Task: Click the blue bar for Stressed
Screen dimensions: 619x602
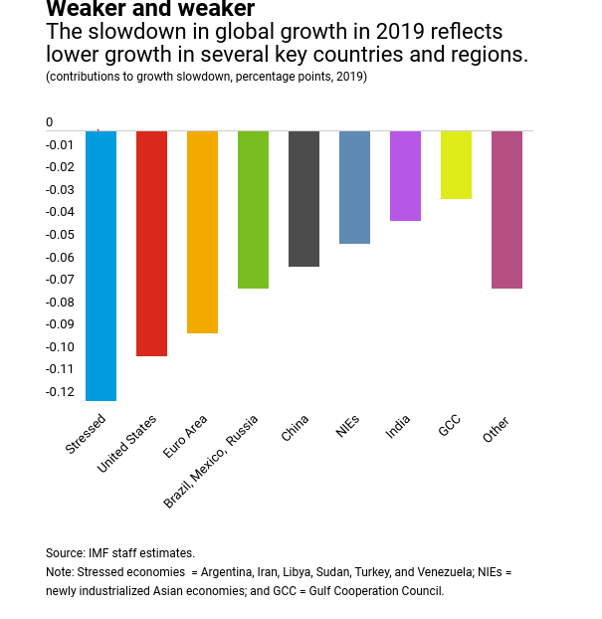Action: pyautogui.click(x=100, y=266)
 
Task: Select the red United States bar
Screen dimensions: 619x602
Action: pyautogui.click(x=151, y=243)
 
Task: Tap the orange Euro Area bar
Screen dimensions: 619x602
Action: pyautogui.click(x=202, y=232)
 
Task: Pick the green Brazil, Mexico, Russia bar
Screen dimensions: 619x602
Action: pyautogui.click(x=253, y=209)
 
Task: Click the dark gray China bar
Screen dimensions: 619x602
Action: pyautogui.click(x=303, y=198)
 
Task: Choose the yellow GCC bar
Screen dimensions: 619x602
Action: pyautogui.click(x=456, y=164)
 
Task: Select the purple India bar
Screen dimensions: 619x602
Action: pyautogui.click(x=405, y=175)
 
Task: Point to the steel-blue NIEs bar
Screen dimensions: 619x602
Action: pyautogui.click(x=354, y=187)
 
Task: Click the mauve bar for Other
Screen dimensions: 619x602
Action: pyautogui.click(x=506, y=209)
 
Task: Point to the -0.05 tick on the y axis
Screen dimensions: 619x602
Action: pyautogui.click(x=60, y=235)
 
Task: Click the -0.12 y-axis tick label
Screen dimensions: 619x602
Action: pyautogui.click(x=60, y=392)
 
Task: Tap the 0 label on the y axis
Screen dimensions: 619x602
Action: pyautogui.click(x=50, y=122)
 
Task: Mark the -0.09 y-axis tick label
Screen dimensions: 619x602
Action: pyautogui.click(x=60, y=324)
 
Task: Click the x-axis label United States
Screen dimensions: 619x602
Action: pyautogui.click(x=127, y=443)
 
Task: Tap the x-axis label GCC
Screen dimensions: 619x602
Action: pyautogui.click(x=449, y=425)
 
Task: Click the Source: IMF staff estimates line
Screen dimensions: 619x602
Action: pyautogui.click(x=120, y=553)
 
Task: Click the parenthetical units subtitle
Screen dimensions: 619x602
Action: pyautogui.click(x=206, y=77)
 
